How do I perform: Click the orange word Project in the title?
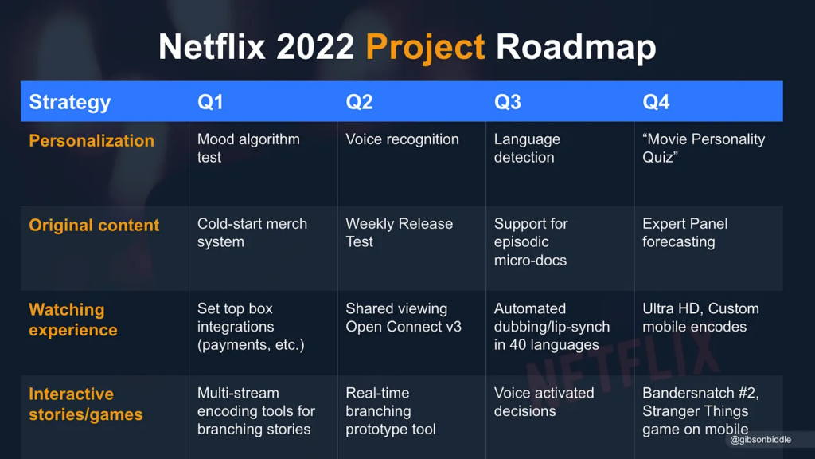pyautogui.click(x=425, y=47)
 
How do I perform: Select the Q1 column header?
pyautogui.click(x=210, y=102)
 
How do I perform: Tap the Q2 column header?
pyautogui.click(x=359, y=102)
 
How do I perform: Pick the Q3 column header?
pyautogui.click(x=508, y=102)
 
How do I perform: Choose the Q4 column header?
pyautogui.click(x=656, y=102)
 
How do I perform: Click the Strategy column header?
pyautogui.click(x=70, y=102)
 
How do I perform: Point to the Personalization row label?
pyautogui.click(x=92, y=141)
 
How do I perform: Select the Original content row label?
pyautogui.click(x=94, y=226)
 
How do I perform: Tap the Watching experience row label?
pyautogui.click(x=72, y=320)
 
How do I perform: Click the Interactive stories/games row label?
pyautogui.click(x=85, y=404)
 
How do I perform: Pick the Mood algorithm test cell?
pyautogui.click(x=248, y=148)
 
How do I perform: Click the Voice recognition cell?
pyautogui.click(x=402, y=139)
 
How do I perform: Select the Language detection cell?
pyautogui.click(x=527, y=148)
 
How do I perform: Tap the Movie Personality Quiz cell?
pyautogui.click(x=703, y=148)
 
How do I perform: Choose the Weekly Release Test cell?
pyautogui.click(x=399, y=233)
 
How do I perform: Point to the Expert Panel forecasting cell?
pyautogui.click(x=684, y=233)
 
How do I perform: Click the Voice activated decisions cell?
pyautogui.click(x=544, y=402)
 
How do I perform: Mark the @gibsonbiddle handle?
pyautogui.click(x=760, y=440)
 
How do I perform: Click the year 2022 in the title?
pyautogui.click(x=315, y=47)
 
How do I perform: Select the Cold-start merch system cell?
pyautogui.click(x=252, y=233)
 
